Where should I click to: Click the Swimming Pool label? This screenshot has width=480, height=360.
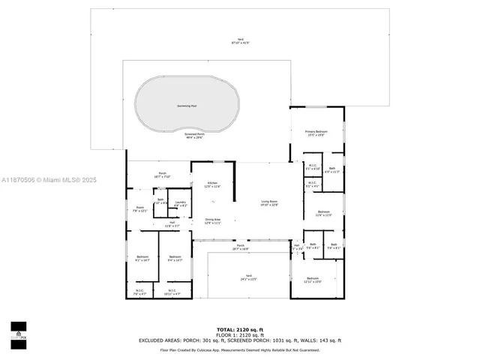coord(187,106)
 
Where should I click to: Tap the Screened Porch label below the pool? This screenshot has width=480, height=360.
coord(194,135)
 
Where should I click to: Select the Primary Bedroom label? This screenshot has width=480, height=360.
coord(316,133)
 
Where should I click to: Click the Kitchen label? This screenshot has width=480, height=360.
coord(213,184)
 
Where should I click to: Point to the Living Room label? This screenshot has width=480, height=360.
coord(269,203)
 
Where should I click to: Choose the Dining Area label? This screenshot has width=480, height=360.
coord(213,221)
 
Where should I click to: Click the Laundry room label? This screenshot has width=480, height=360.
coord(181,203)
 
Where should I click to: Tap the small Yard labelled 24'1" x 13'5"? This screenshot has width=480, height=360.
coord(248,277)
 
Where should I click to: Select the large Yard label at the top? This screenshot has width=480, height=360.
coord(241,41)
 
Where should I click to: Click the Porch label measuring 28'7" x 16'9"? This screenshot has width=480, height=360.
coord(241,247)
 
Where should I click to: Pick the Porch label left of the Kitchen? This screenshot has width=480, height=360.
coord(162,174)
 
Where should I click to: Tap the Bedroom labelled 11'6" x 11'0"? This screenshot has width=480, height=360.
coord(323,214)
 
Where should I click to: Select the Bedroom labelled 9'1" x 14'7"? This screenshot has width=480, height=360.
coord(142,259)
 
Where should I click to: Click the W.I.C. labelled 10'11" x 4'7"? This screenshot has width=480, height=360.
coord(172,292)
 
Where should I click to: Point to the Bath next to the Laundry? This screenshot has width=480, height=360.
coord(160,201)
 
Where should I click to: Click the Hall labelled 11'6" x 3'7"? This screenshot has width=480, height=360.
coord(172,223)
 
